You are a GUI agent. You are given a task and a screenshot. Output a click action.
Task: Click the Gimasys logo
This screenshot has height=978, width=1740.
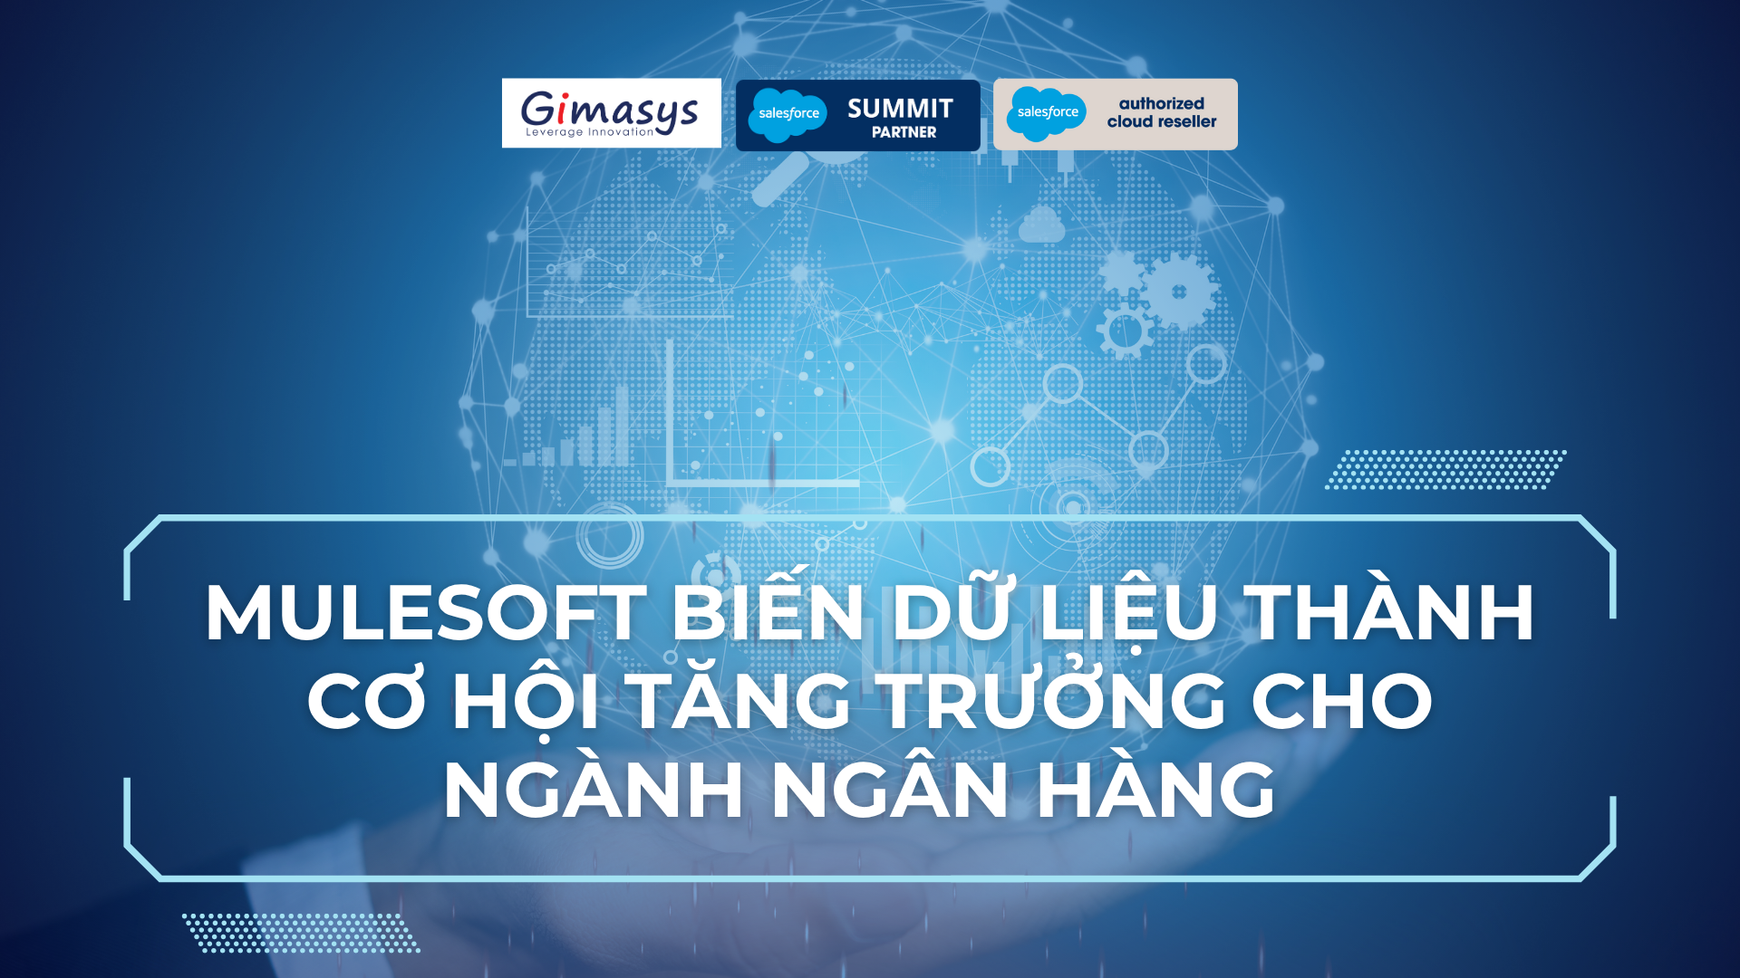coord(611,113)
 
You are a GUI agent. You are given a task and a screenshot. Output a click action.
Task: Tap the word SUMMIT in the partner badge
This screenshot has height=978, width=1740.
coord(900,109)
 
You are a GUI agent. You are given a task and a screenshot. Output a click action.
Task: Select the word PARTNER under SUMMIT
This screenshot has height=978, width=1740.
coord(904,132)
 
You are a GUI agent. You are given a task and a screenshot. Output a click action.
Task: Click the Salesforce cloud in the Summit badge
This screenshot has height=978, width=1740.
coord(788,115)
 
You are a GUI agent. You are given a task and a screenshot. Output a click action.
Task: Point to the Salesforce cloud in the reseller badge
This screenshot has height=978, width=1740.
coord(1047,114)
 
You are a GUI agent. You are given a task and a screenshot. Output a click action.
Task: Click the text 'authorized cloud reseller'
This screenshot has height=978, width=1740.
coord(1162,112)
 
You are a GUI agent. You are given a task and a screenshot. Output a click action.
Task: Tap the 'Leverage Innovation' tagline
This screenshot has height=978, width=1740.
coord(589,132)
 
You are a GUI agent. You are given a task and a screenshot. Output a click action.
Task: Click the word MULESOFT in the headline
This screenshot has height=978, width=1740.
coord(426,613)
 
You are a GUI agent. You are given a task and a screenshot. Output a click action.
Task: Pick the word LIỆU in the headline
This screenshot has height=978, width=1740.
coord(1128,613)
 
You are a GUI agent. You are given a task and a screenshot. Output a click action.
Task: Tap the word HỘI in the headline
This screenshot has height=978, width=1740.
coord(526,700)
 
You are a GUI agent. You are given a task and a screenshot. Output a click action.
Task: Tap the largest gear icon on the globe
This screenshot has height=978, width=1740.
coord(1178,291)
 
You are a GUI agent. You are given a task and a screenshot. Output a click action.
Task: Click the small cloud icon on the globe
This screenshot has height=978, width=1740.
coord(1041,225)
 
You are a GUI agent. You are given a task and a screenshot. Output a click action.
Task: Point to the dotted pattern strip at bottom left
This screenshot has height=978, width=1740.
coord(301,933)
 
